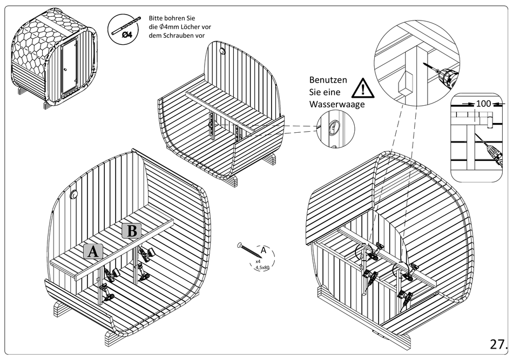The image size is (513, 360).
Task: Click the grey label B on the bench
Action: pyautogui.click(x=132, y=231)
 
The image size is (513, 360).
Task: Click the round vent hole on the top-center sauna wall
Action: pyautogui.click(x=222, y=52)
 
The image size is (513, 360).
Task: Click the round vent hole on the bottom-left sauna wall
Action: pyautogui.click(x=74, y=194)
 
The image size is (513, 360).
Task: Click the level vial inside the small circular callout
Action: pyautogui.click(x=333, y=128)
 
